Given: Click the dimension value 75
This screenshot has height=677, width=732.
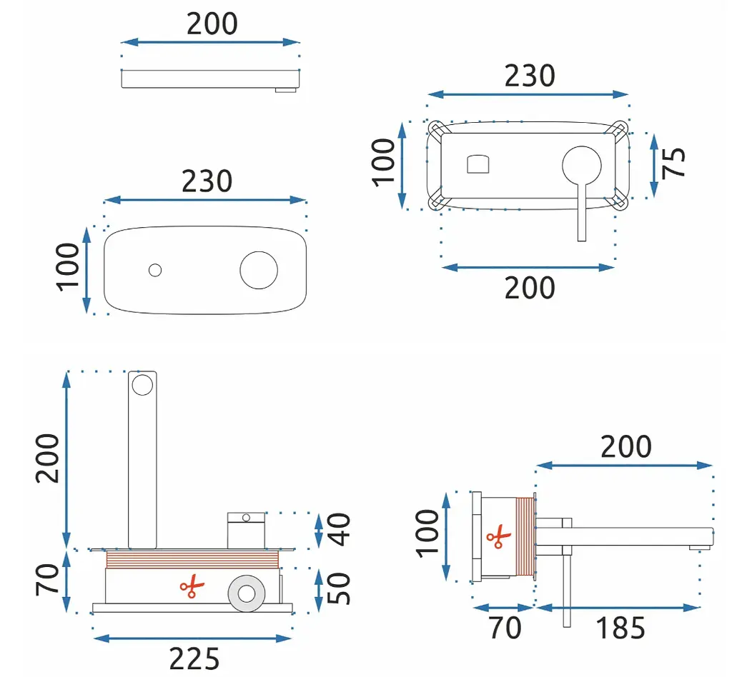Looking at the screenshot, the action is [673, 162].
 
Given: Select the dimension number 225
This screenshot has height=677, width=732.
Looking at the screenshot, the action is [194, 659].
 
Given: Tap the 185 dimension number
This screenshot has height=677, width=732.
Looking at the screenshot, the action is [621, 628].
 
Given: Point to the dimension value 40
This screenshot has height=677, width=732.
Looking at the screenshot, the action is [339, 530].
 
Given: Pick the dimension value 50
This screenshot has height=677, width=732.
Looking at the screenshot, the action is [339, 588].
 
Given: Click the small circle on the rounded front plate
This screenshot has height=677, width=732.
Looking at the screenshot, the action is [155, 270].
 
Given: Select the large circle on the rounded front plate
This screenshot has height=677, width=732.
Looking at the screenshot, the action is [259, 271].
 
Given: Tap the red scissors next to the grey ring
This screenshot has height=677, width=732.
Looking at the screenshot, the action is [192, 586].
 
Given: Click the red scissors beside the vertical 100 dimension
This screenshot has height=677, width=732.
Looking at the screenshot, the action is [498, 536].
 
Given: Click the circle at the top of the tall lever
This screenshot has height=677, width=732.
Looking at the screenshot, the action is [142, 385].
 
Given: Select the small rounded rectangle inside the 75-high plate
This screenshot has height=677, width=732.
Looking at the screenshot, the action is [478, 164].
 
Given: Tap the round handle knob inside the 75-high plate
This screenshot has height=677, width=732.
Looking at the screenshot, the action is [582, 166].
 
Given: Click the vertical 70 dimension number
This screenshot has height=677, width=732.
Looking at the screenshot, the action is [47, 580].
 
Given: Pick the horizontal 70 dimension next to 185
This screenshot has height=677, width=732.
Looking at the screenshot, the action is [505, 628].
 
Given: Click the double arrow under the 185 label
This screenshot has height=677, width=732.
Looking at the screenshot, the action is [618, 608].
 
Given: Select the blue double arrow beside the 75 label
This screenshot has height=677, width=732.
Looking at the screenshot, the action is [654, 166].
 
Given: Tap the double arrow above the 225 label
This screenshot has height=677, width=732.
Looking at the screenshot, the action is [193, 638].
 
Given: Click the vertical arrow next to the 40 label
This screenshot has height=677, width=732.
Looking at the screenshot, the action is [319, 531].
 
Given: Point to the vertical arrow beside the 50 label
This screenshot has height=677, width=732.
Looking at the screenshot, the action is [319, 591].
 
